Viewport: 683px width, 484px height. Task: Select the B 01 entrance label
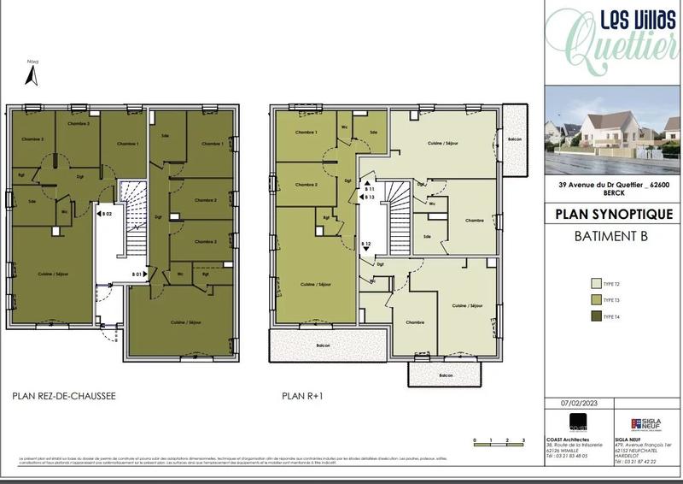tap(137, 274)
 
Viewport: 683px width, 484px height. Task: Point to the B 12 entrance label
tap(365, 245)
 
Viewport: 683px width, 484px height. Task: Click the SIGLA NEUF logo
tap(643, 424)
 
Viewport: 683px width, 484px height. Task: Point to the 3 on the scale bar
tap(521, 439)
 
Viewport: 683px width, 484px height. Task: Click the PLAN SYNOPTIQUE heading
tap(612, 214)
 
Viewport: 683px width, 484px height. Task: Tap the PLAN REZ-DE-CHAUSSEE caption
tap(64, 397)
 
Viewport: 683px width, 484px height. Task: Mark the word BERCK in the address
tap(612, 193)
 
